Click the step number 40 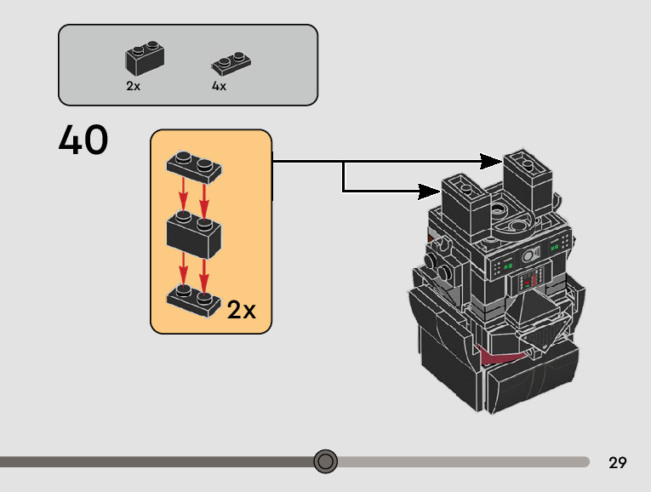click(83, 140)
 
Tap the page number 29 click(618, 463)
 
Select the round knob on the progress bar click(325, 461)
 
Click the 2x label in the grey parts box click(133, 86)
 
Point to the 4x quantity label click(219, 86)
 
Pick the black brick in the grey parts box click(144, 57)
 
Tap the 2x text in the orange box click(242, 310)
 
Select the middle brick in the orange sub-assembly click(194, 230)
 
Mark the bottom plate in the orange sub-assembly click(194, 298)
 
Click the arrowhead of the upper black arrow click(492, 160)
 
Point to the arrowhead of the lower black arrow click(431, 190)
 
